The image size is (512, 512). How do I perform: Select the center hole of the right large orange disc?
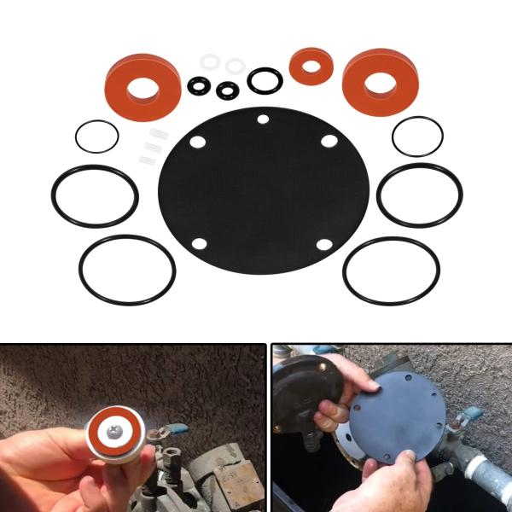(x=380, y=82)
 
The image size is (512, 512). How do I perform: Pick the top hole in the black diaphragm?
(x=263, y=119)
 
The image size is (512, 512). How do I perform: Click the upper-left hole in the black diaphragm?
(x=198, y=143)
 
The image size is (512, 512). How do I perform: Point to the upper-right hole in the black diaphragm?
(x=329, y=141)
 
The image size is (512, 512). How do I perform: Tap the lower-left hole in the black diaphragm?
(x=199, y=243)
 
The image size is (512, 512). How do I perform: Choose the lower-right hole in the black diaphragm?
(x=324, y=245)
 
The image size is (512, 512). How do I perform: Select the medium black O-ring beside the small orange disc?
(x=265, y=80)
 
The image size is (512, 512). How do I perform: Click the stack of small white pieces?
(x=149, y=145)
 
